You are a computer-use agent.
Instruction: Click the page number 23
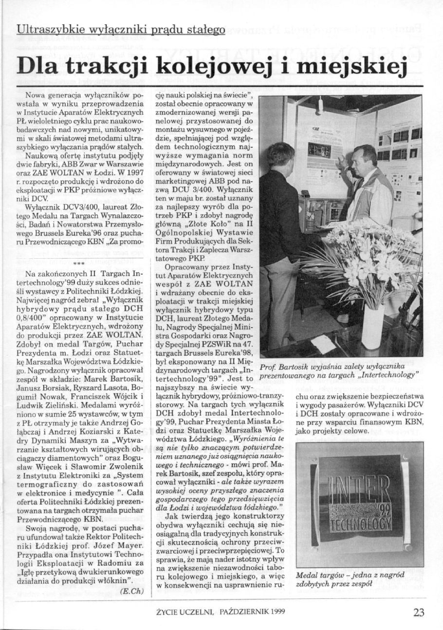(419, 612)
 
